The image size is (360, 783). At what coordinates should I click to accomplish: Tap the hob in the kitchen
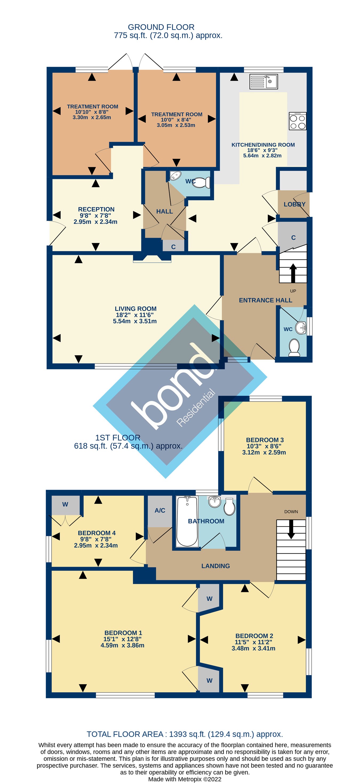(x=298, y=121)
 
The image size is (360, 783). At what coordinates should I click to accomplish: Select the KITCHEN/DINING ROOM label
(x=263, y=145)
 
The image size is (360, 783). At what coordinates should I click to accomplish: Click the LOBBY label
(x=294, y=204)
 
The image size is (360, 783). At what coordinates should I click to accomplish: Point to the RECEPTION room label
(x=96, y=209)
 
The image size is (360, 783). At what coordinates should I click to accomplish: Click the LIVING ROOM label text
(x=136, y=309)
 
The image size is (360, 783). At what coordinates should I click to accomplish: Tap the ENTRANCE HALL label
(x=265, y=300)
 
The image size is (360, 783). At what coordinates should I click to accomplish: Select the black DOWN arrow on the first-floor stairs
(x=291, y=529)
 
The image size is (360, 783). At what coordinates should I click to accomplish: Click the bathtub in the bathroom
(x=187, y=521)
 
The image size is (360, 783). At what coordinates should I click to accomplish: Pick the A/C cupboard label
(x=160, y=510)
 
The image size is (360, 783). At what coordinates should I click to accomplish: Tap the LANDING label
(x=215, y=566)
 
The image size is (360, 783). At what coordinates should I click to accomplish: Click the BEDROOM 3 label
(x=265, y=440)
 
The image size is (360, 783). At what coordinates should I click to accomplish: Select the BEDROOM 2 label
(x=254, y=636)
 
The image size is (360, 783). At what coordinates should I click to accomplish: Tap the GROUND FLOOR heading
(x=161, y=27)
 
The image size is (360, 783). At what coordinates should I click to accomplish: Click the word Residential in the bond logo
(x=196, y=407)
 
